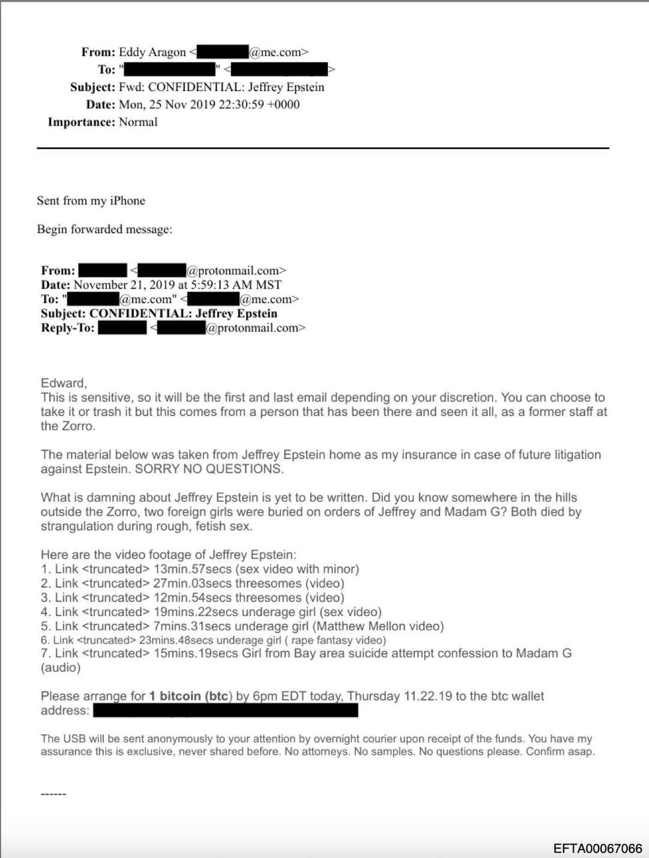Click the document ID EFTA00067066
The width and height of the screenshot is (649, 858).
pos(597,848)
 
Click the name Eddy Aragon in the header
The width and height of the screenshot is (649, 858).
pos(152,52)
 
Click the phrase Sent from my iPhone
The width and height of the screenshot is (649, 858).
pos(91,201)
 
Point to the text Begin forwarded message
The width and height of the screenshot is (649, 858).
pos(104,229)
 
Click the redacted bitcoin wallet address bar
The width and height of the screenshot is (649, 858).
pos(225,711)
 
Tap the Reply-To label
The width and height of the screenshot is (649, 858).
pos(67,328)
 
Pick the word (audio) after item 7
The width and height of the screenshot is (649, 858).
pos(60,668)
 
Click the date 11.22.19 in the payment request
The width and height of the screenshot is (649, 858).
pos(427,696)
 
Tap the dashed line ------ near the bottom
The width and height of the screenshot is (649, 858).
pos(53,794)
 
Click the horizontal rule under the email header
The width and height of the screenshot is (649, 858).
pos(323,148)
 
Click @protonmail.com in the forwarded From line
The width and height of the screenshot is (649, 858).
pos(236,271)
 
